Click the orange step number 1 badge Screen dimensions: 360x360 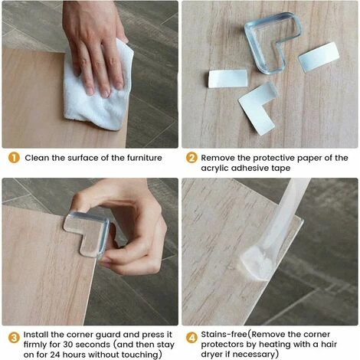pyautogui.click(x=14, y=158)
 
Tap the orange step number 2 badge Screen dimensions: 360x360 pyautogui.click(x=191, y=158)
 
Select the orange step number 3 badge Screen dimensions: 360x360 pyautogui.click(x=14, y=338)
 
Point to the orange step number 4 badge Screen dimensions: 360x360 pyautogui.click(x=191, y=338)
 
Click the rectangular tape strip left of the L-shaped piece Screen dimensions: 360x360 pyautogui.click(x=228, y=79)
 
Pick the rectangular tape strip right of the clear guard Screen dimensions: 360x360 pyautogui.click(x=319, y=57)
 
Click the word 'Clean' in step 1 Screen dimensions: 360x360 pyautogui.click(x=37, y=158)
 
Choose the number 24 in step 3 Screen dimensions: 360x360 pyautogui.click(x=55, y=355)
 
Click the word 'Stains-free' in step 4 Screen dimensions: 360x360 pyautogui.click(x=224, y=334)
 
